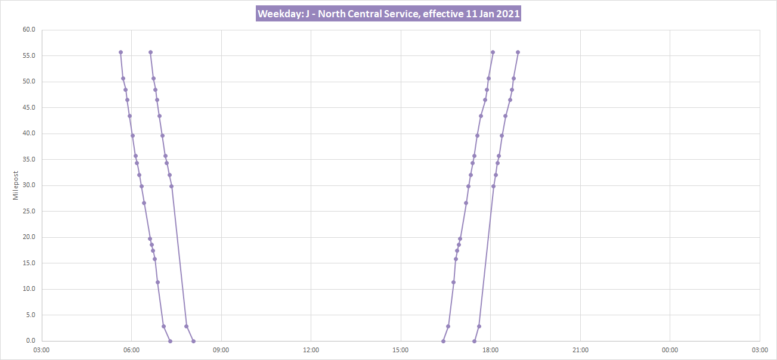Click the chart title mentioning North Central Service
[x=389, y=14]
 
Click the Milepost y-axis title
[x=16, y=185]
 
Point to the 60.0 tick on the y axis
[x=29, y=30]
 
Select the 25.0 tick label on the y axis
[x=29, y=211]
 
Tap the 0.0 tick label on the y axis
[x=30, y=341]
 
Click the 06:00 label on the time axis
[x=131, y=350]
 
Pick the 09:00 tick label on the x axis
[x=221, y=350]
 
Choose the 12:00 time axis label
[x=311, y=350]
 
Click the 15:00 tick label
[x=401, y=350]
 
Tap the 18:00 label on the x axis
[x=490, y=350]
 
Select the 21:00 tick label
[x=580, y=350]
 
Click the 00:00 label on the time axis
[x=670, y=350]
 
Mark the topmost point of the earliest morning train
[x=120, y=52]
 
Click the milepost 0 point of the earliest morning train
[x=170, y=341]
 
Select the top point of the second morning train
[x=150, y=52]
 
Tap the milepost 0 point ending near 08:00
[x=193, y=341]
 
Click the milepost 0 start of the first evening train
[x=443, y=341]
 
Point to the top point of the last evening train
[x=518, y=52]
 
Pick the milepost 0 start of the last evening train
[x=474, y=341]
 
